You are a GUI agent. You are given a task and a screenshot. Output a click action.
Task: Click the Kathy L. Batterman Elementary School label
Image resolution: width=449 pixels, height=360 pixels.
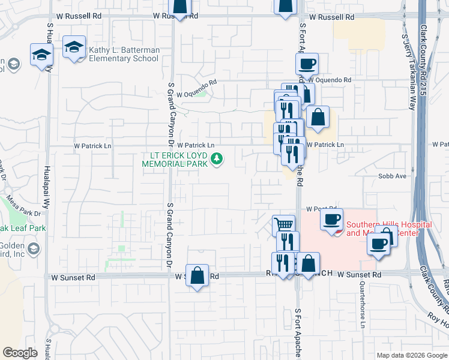124,54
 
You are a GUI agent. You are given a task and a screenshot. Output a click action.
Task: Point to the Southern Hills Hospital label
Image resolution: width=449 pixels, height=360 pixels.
389,229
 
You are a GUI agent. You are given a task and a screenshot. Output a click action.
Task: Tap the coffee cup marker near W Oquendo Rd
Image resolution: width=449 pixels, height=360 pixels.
307,64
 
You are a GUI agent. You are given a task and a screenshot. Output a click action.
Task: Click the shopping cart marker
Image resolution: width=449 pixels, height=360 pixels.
283,226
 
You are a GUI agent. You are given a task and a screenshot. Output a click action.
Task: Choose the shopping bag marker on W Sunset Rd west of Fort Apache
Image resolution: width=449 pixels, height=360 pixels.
197,275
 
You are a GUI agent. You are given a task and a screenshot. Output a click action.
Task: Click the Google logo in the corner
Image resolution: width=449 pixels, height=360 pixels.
20,353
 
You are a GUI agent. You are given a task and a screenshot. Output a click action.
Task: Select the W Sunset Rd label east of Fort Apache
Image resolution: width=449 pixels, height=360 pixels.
359,275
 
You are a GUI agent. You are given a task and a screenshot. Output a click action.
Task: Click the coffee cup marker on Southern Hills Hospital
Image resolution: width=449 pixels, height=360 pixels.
331,219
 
